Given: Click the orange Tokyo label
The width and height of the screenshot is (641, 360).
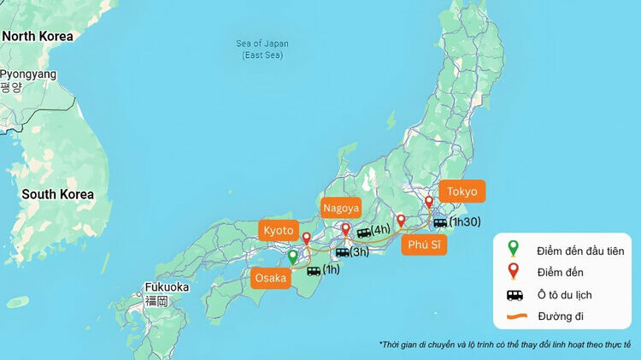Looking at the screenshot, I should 462,192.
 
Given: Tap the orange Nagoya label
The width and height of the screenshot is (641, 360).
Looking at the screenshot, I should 341,208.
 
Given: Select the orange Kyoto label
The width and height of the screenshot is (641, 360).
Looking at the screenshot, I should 279,231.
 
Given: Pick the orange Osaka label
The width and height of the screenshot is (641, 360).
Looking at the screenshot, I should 272,278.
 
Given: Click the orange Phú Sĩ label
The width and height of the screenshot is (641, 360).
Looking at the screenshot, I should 424,246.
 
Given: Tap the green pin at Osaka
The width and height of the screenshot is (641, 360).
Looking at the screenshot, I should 292,257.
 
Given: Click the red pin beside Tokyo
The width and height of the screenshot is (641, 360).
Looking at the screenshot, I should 429,203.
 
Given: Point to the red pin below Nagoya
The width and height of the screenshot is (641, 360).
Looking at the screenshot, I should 345,230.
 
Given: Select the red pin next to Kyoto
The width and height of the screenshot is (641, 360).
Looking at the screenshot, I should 307,238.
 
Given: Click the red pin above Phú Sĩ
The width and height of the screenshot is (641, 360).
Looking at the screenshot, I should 401,221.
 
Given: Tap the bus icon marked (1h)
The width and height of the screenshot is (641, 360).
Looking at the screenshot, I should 314,271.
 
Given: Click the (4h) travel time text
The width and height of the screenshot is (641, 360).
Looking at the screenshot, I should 381,229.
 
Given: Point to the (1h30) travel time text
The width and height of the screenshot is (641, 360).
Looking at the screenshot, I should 465,222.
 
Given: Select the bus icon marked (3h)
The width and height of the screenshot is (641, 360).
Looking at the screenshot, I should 342,252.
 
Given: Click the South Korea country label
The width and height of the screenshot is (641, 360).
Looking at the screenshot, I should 58,194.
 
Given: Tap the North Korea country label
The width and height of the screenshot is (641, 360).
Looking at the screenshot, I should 38,37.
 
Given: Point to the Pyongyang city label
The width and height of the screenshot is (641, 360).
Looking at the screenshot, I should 28,74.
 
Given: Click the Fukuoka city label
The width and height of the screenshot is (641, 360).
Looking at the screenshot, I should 166,286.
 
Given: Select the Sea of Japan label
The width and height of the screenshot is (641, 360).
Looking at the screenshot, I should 262,49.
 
